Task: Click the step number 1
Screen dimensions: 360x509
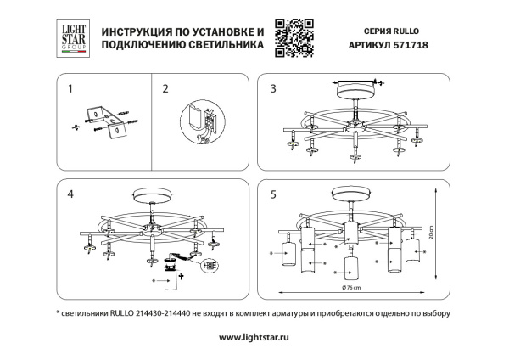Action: (x=70, y=88)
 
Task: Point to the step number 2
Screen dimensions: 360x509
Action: (x=165, y=88)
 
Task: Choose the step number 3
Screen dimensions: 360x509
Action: (x=273, y=88)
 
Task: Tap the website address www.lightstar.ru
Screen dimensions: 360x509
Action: (x=255, y=337)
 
